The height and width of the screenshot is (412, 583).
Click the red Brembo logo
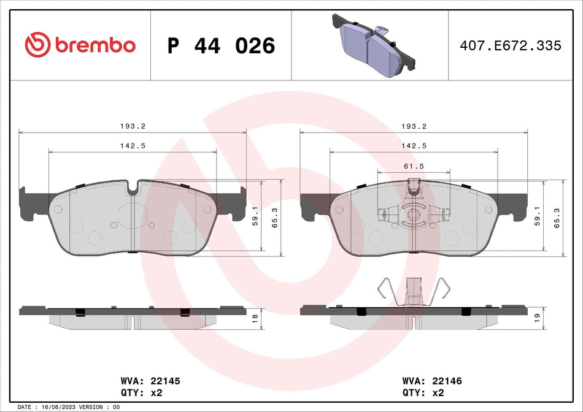point(80,45)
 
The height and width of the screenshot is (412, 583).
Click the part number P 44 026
point(221,45)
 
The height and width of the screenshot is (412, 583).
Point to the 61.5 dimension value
point(414,166)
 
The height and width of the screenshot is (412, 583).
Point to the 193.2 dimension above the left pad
point(132,126)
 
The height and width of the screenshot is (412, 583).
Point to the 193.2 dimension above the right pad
point(414,126)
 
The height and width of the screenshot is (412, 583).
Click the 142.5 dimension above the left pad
point(132,145)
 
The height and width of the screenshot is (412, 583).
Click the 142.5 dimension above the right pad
point(414,145)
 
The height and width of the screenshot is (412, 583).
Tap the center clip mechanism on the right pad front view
point(414,215)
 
